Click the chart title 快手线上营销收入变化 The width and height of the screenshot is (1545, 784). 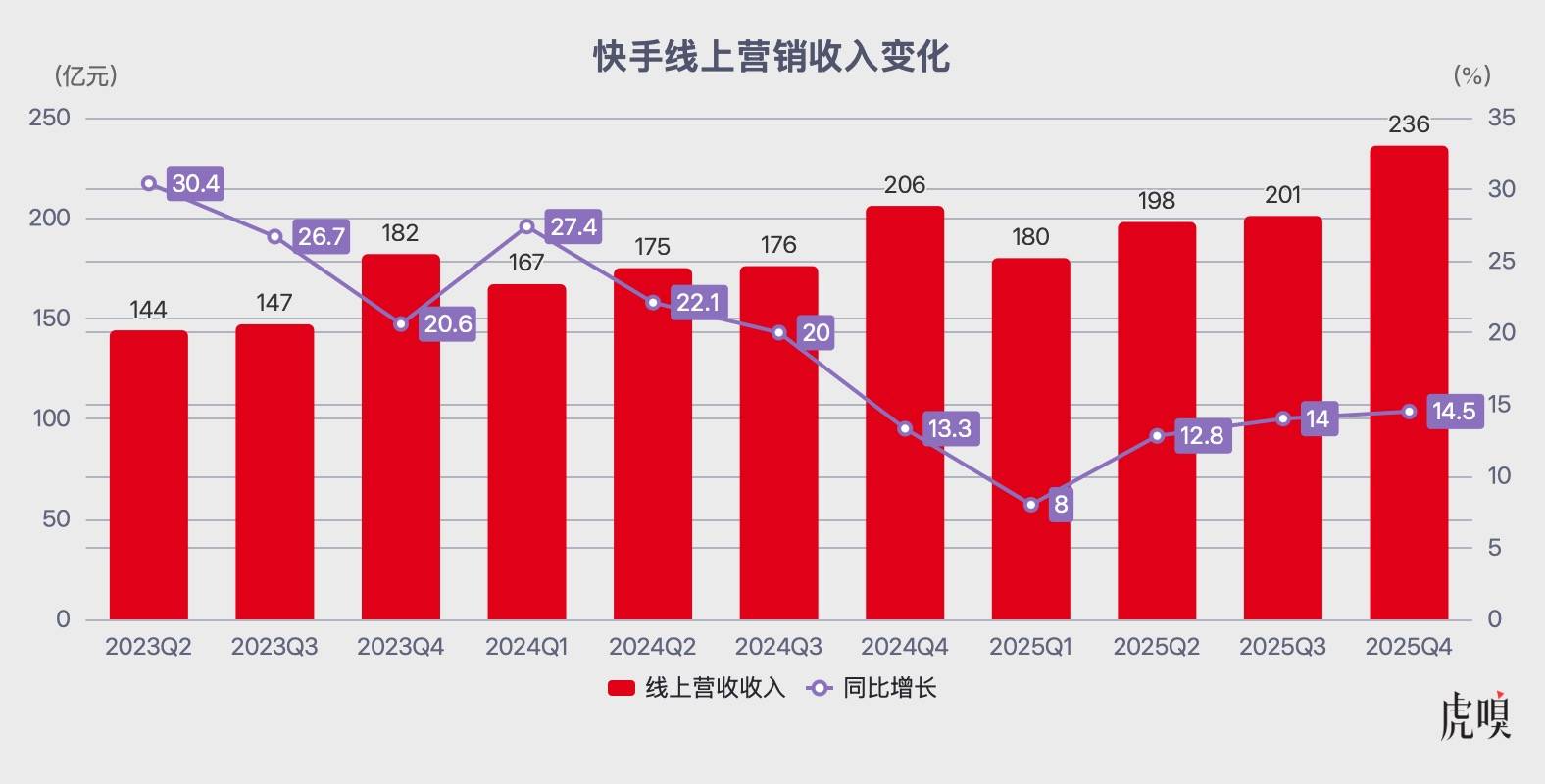tap(772, 57)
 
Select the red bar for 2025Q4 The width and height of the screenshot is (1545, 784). tap(1409, 392)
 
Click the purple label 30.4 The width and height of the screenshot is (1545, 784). tap(195, 183)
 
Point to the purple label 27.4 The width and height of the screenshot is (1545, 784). tap(573, 227)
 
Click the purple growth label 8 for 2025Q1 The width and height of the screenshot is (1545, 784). tap(1061, 505)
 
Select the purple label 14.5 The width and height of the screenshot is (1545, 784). tap(1453, 412)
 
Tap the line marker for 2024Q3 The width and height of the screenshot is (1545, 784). tap(779, 333)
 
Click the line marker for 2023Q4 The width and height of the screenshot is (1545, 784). tap(401, 323)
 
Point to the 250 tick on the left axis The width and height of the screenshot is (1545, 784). tap(50, 118)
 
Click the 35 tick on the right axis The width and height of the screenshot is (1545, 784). tap(1501, 118)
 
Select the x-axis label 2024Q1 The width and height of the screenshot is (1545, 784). tap(526, 647)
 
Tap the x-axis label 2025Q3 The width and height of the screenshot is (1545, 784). tap(1282, 647)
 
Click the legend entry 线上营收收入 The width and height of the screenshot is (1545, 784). tap(697, 688)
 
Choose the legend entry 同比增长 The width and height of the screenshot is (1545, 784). tap(872, 688)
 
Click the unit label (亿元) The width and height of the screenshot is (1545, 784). tap(86, 76)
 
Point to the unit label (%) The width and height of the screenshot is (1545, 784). tap(1471, 76)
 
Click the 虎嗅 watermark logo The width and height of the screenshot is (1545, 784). tap(1475, 717)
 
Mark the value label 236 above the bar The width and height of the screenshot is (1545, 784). tap(1409, 124)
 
